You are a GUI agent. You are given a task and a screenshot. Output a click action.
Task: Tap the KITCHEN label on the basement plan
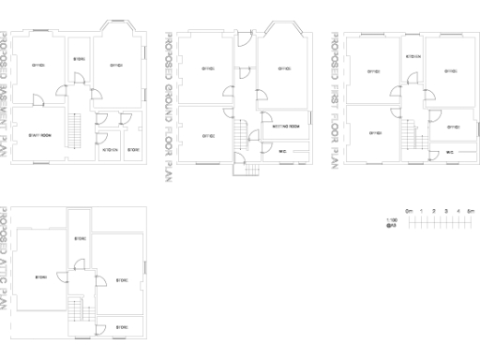[111, 150]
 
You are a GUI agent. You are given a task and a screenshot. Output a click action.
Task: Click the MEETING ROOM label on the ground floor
[287, 126]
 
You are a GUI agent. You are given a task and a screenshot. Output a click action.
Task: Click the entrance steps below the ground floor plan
[247, 172]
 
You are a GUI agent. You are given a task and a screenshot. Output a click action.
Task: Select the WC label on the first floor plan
[450, 151]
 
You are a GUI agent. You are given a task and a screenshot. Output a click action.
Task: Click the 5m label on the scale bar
[472, 210]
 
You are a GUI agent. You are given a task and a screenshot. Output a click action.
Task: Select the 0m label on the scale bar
[410, 210]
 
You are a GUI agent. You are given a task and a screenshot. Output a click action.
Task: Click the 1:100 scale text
[392, 221]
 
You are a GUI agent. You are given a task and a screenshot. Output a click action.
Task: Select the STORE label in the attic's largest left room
[41, 277]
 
